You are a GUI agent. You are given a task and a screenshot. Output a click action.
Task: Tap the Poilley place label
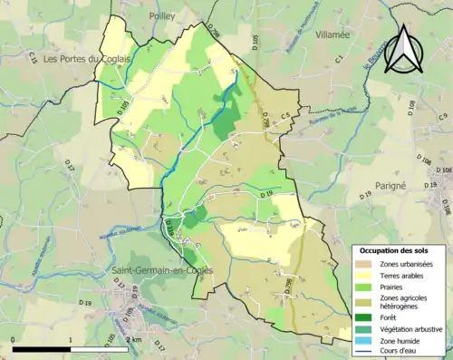166,15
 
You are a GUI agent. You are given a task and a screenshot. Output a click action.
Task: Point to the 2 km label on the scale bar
133,339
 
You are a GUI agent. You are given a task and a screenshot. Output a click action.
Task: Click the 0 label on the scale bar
14,339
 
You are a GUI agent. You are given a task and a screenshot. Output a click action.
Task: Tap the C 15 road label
33,59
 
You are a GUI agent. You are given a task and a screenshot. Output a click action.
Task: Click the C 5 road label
284,115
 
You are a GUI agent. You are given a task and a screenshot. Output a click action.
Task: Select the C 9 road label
443,118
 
